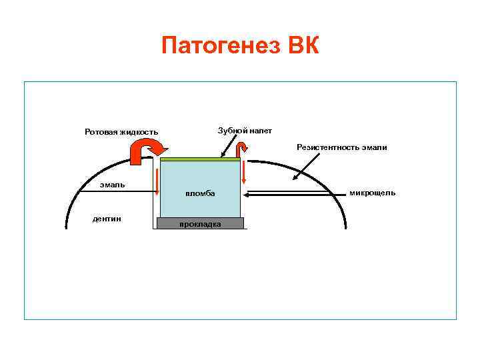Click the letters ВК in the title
coord(304,47)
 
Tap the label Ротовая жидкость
coord(121,131)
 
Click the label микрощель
coord(372,193)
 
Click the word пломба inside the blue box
coord(200,193)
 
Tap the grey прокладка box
coord(200,223)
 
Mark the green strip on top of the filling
coord(200,159)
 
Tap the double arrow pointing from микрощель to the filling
coord(293,194)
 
